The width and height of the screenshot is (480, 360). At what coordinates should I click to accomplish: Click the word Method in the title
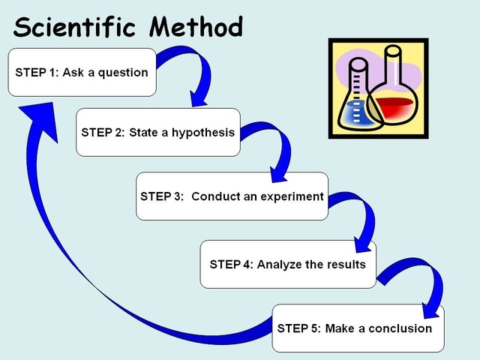196,27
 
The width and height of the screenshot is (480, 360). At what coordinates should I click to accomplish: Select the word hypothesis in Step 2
202,133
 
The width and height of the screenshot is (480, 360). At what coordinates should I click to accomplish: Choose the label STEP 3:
162,196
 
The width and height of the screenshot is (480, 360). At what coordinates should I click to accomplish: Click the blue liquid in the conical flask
357,112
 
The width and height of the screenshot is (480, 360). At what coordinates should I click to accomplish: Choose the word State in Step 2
144,133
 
